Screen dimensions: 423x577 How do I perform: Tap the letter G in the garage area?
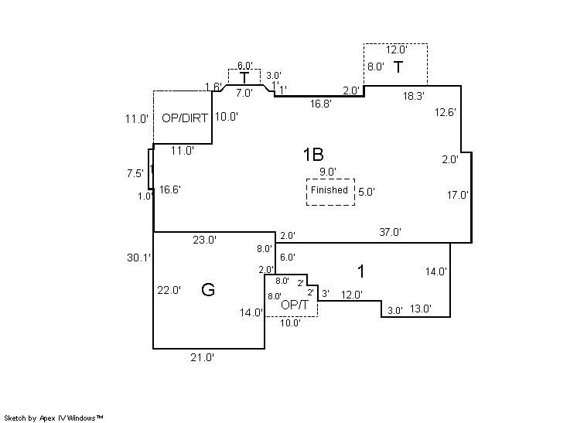(207, 290)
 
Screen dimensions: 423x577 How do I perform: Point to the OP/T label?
(295, 305)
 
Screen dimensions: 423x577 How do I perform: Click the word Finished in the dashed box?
(329, 190)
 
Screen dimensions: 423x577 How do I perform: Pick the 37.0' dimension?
(390, 232)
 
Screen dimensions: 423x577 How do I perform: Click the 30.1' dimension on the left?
(140, 258)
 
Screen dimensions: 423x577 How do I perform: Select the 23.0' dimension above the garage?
(204, 240)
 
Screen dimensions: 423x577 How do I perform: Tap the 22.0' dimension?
(169, 290)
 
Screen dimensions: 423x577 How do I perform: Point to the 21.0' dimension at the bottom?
(203, 357)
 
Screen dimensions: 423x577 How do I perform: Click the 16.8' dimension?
(320, 104)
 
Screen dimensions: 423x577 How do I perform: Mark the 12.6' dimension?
(445, 112)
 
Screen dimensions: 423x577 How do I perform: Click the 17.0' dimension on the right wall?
(457, 195)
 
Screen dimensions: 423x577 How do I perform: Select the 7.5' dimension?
(135, 173)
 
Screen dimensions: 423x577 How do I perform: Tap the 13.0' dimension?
(421, 309)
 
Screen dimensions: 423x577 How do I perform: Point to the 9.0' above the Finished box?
(327, 172)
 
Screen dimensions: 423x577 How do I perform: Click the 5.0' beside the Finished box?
(366, 193)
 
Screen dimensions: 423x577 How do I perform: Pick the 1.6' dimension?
(213, 86)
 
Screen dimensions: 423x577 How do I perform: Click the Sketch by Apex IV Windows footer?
(54, 418)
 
